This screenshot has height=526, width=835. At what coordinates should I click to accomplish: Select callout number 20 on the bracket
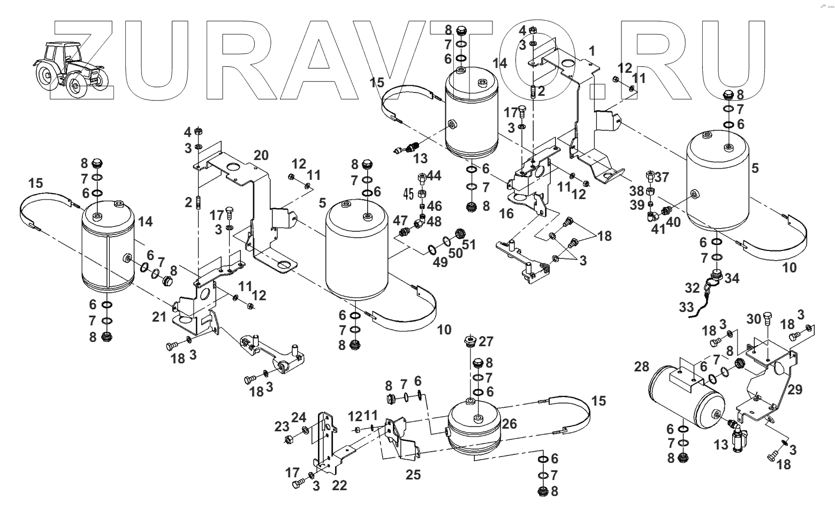[x=261, y=156]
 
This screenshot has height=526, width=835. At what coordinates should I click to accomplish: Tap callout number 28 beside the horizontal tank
[x=641, y=367]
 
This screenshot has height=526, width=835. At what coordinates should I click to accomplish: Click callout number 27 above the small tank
[x=486, y=341]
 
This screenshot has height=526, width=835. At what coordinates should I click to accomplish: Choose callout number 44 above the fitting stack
[x=434, y=176]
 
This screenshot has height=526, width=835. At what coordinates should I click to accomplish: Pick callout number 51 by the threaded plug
[x=469, y=245]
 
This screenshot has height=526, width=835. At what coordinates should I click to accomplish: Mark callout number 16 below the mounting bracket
[x=506, y=214]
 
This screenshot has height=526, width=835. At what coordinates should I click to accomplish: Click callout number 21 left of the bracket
[x=159, y=317]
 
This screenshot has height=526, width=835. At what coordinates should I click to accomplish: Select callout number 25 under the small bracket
[x=413, y=474]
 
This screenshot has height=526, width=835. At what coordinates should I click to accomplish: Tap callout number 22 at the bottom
[x=339, y=485]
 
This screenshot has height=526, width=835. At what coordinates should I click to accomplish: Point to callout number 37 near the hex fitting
[x=662, y=177]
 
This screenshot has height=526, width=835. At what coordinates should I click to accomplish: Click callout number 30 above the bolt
[x=754, y=318]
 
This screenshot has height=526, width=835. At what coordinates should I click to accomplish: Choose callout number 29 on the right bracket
[x=795, y=390]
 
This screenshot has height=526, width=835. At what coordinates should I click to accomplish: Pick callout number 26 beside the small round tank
[x=510, y=424]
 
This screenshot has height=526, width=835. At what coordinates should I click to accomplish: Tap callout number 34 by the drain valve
[x=732, y=278]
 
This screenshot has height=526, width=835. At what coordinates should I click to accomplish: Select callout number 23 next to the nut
[x=282, y=426]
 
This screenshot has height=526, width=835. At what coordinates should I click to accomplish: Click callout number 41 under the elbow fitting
[x=657, y=229]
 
